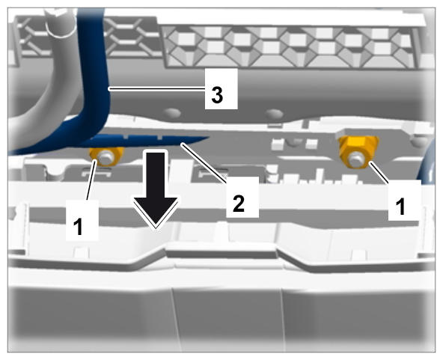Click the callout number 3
pos(217,95)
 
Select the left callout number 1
pos(78,227)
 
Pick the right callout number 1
pos(400,206)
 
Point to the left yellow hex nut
pos(106,156)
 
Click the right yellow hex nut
pos(358,152)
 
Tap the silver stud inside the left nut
pos(106,157)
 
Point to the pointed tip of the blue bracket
pos(208,138)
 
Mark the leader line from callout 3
pos(157,89)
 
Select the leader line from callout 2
pos(204,162)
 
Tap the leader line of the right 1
pos(379,173)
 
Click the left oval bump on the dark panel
pos(172,113)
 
